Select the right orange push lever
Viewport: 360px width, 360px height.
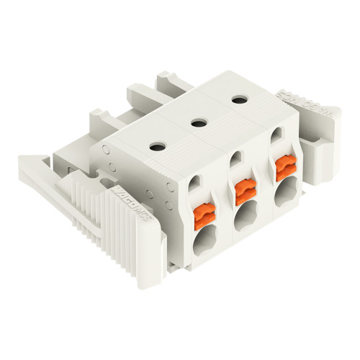point(284,169)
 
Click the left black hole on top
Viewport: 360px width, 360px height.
point(156,147)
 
